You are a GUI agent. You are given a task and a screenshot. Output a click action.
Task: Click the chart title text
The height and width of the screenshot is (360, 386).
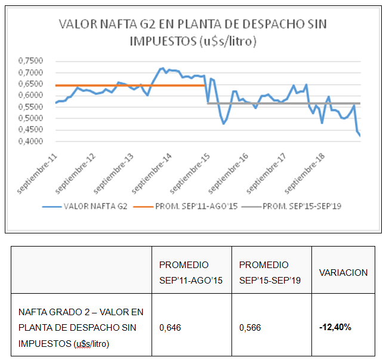tap(193, 32)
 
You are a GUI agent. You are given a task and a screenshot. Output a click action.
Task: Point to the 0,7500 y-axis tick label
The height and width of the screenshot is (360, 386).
tap(30, 61)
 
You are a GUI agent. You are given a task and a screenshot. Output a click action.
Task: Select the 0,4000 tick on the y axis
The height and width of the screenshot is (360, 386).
tap(30, 141)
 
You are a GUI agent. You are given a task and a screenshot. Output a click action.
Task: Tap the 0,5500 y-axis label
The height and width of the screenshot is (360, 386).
tap(30, 107)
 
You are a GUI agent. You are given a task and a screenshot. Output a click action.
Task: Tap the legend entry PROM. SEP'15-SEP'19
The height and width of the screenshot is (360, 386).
tap(302, 207)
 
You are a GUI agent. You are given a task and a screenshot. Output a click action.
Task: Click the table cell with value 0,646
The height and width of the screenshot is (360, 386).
tap(169, 328)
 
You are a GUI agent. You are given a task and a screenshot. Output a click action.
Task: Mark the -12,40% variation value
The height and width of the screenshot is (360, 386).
tap(335, 328)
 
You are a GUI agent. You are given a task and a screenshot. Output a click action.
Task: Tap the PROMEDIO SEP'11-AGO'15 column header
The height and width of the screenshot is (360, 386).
tap(191, 272)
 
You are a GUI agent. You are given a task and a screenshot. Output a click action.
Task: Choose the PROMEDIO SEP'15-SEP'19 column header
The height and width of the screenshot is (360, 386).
tap(271, 272)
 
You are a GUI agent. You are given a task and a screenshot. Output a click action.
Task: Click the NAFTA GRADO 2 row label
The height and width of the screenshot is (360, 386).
tap(81, 327)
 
